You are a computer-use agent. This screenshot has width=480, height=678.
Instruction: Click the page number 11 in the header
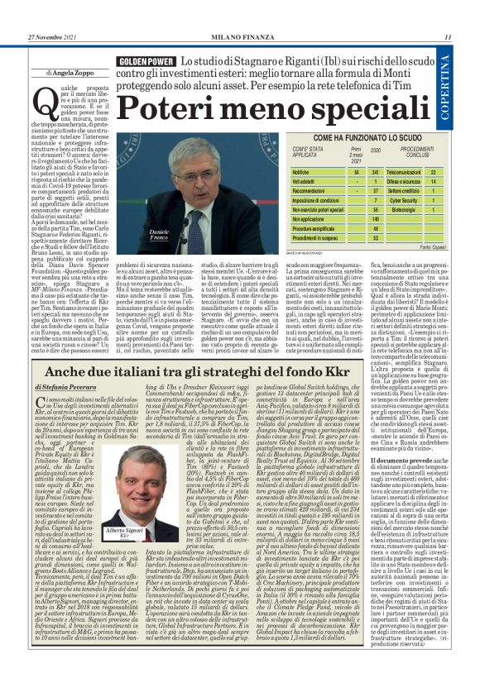coord(448,36)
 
